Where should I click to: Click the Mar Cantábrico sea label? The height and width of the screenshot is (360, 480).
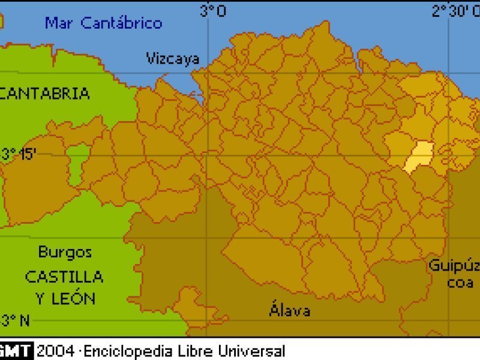click(x=104, y=23)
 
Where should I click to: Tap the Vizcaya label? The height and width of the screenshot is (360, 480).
click(x=173, y=58)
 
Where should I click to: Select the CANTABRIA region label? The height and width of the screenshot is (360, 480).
click(x=46, y=93)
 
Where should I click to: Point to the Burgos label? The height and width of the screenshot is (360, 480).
click(x=65, y=252)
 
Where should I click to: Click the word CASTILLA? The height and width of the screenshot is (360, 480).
click(x=64, y=277)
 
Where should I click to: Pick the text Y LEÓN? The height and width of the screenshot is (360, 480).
click(x=65, y=298)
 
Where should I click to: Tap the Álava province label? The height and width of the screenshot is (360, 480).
click(x=290, y=310)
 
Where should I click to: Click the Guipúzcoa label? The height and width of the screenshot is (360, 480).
click(x=454, y=273)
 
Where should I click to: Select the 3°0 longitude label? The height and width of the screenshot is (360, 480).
click(x=213, y=11)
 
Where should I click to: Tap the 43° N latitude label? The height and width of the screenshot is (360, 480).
click(x=15, y=320)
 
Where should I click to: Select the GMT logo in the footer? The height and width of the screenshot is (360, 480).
click(x=16, y=351)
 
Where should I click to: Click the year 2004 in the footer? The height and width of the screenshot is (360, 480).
click(x=55, y=351)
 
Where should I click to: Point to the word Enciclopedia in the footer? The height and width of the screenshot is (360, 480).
click(x=122, y=351)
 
